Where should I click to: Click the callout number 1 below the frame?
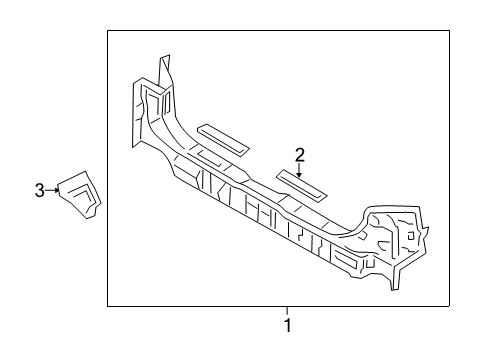pyautogui.click(x=287, y=325)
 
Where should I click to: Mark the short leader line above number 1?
pyautogui.click(x=287, y=310)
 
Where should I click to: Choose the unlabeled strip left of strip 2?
pyautogui.click(x=225, y=138)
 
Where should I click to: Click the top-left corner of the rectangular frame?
pyautogui.click(x=108, y=31)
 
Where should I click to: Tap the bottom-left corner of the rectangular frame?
pyautogui.click(x=108, y=305)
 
